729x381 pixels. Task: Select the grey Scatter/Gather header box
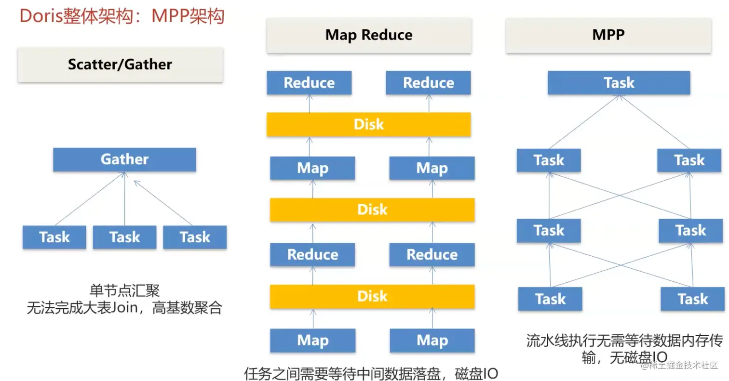pyautogui.click(x=121, y=65)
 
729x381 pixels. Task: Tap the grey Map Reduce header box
pyautogui.click(x=369, y=35)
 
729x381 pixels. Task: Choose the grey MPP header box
pyautogui.click(x=608, y=35)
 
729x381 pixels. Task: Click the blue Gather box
pyautogui.click(x=125, y=159)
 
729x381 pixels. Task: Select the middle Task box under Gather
pyautogui.click(x=125, y=237)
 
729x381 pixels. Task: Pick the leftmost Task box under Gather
pyautogui.click(x=54, y=237)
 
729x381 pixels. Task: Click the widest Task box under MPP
pyautogui.click(x=619, y=82)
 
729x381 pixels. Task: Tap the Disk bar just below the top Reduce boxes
pyautogui.click(x=369, y=124)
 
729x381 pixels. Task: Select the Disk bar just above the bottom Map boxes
pyautogui.click(x=372, y=296)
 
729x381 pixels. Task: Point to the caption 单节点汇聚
pyautogui.click(x=125, y=290)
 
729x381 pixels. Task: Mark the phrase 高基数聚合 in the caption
pyautogui.click(x=187, y=307)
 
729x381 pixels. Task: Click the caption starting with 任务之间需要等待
pyautogui.click(x=371, y=373)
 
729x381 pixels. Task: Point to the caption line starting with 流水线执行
pyautogui.click(x=624, y=341)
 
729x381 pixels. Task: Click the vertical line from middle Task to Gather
pyautogui.click(x=125, y=198)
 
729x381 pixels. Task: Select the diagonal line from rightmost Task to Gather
pyautogui.click(x=163, y=203)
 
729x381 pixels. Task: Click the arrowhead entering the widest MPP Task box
pyautogui.click(x=619, y=97)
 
